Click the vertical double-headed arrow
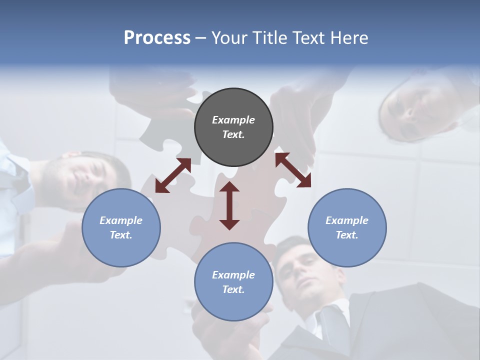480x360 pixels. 229,205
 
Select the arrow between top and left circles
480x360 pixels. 173,175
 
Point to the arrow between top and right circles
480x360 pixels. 293,170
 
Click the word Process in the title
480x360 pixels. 157,37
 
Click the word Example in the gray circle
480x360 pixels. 233,120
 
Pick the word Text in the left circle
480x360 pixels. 121,235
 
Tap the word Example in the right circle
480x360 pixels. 347,220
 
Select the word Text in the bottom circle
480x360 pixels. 233,289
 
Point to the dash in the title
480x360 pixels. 200,38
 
